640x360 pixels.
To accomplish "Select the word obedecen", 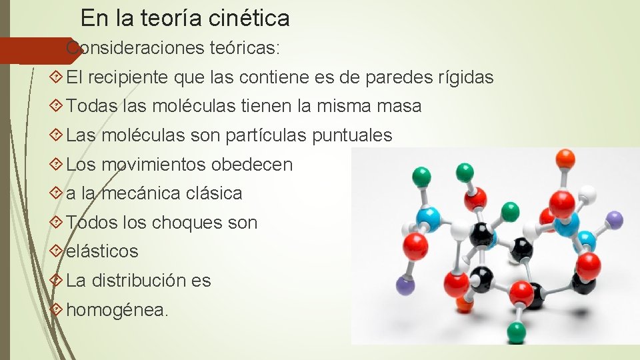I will click(x=252, y=165).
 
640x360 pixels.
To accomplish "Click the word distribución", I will click(x=138, y=281).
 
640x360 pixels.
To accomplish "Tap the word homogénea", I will click(x=118, y=310).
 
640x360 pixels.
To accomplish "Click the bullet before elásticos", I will click(x=57, y=251).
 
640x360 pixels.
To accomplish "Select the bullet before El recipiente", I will click(x=57, y=78).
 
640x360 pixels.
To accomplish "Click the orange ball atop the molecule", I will click(x=565, y=158).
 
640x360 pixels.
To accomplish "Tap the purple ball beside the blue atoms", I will click(x=615, y=219).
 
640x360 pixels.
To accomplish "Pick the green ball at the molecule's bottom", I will click(x=516, y=332).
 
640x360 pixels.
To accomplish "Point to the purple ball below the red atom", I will click(x=405, y=285).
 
